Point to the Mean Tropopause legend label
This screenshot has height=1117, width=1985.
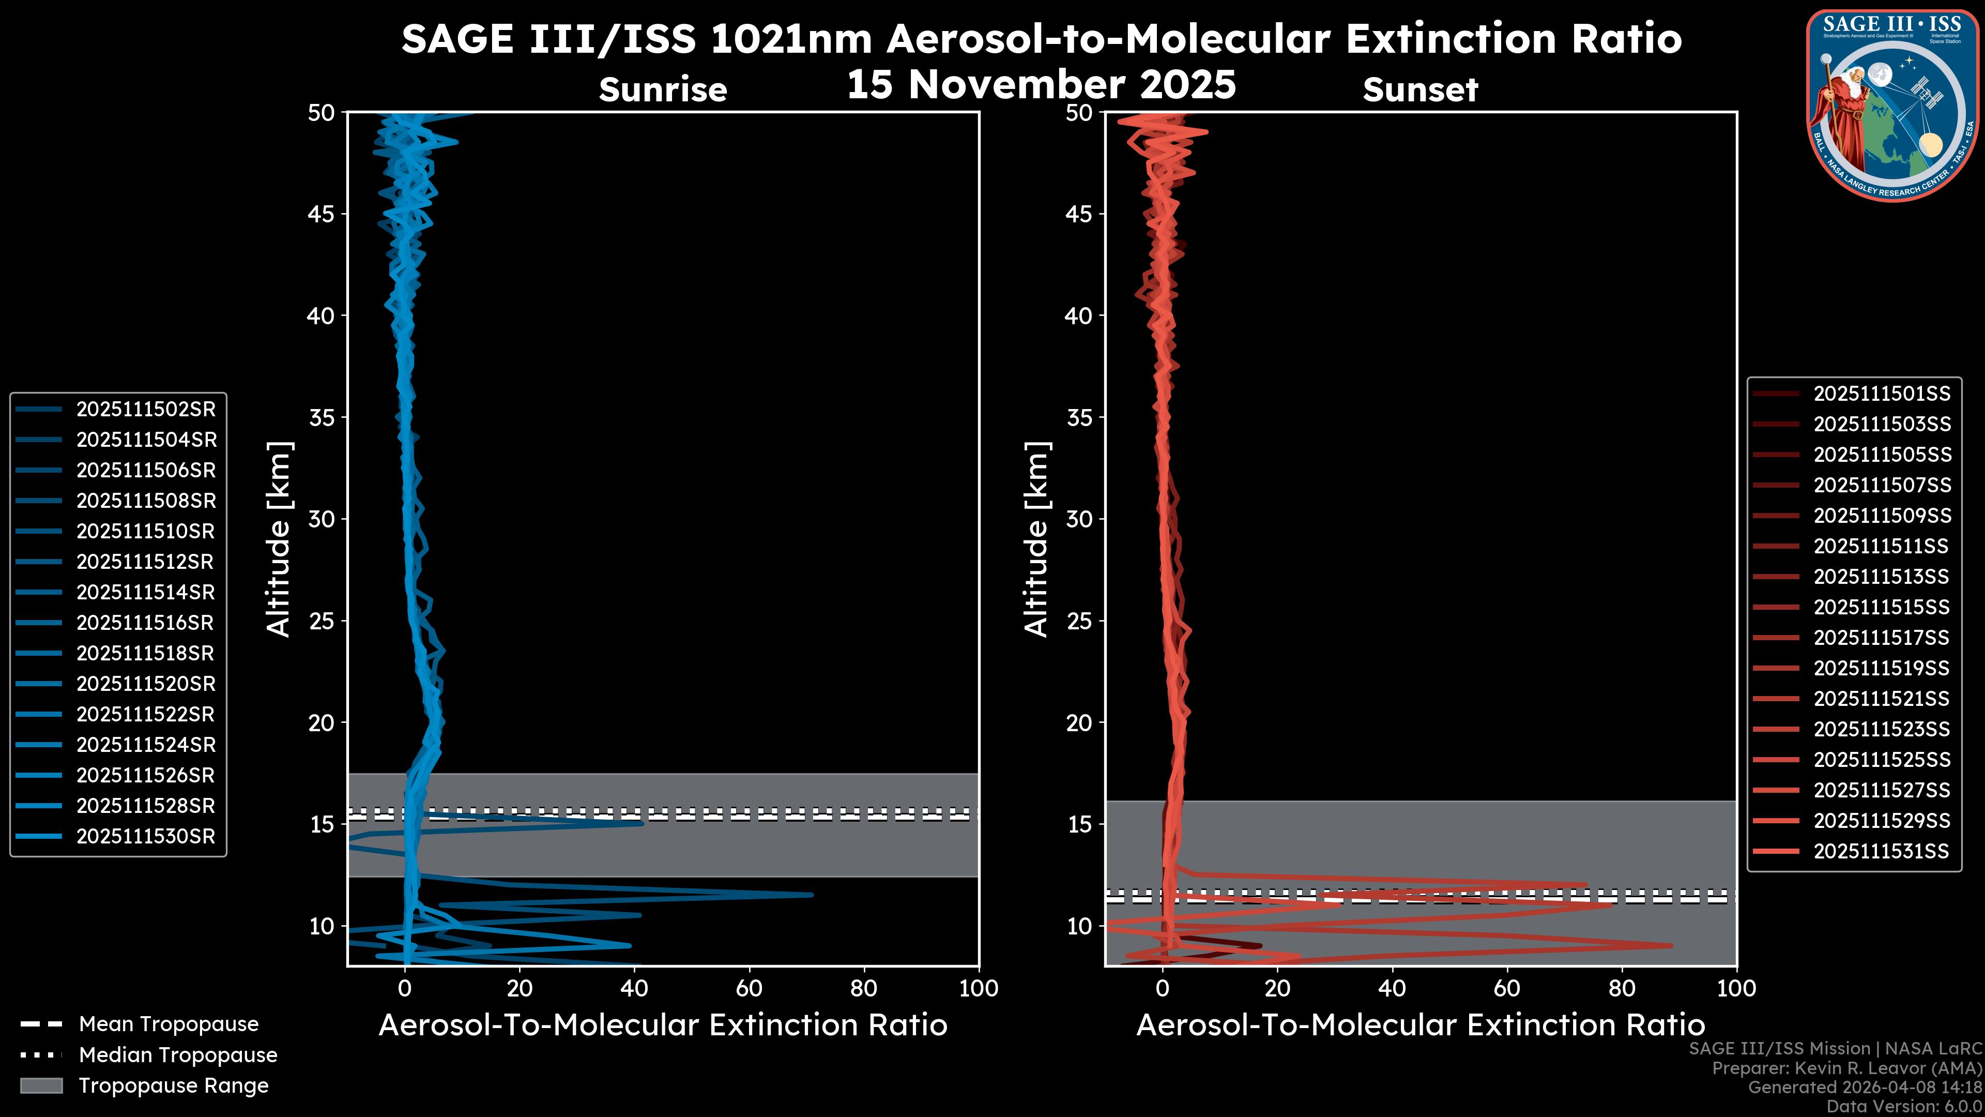pos(169,1024)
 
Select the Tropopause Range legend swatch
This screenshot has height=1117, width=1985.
pos(41,1085)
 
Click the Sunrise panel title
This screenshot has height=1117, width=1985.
pos(663,90)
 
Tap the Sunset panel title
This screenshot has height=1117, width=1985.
pos(1420,90)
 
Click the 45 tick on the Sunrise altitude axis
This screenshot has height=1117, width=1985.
pos(322,214)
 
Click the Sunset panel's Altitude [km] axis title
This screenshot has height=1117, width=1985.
pos(1036,539)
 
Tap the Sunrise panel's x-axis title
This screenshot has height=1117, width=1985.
pos(663,1025)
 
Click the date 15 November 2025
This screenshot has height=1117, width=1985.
pos(1041,85)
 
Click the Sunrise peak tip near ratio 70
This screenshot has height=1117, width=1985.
pos(811,895)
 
